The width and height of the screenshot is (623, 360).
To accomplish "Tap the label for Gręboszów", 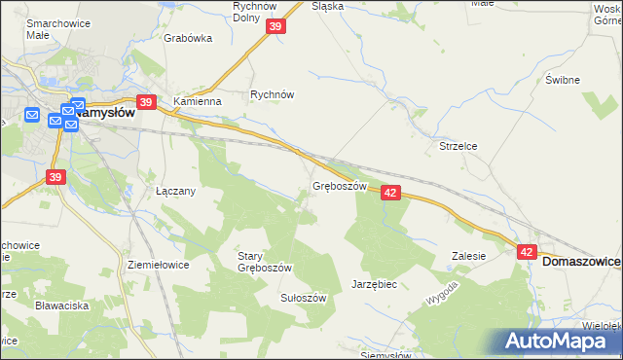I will point(339,186).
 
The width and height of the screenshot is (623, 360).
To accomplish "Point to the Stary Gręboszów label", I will point(265,262).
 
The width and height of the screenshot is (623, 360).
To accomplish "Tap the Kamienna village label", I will point(198,100).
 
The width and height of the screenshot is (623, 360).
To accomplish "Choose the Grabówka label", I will point(188,39).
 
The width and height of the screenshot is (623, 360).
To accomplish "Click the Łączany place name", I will point(176,191).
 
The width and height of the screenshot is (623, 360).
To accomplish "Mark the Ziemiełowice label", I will point(158,264).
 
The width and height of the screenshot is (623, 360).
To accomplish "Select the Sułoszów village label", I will point(303,298).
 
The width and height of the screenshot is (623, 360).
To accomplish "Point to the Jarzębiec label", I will point(374,284).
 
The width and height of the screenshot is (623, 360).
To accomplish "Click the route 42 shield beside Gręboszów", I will point(390,193).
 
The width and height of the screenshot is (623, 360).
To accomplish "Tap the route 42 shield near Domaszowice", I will point(527,251).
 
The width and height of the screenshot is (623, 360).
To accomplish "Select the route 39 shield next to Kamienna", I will point(147,101).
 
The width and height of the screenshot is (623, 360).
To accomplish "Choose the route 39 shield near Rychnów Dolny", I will point(275,28).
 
